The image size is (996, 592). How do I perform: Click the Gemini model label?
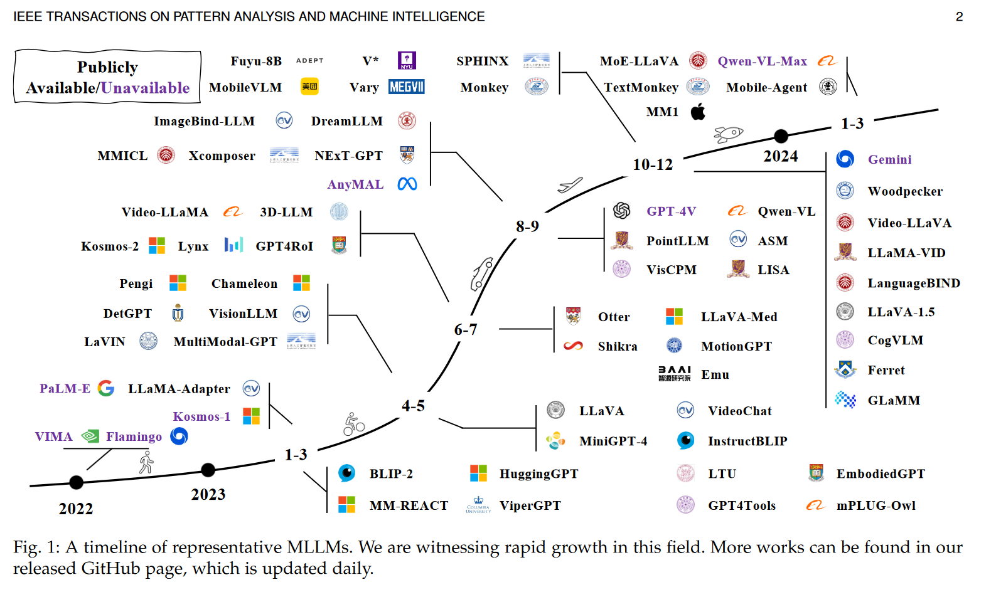coord(889,159)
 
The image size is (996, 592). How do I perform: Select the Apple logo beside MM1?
coord(698,112)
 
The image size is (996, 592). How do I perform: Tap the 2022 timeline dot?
coord(76,482)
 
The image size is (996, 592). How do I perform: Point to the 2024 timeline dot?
coord(781,136)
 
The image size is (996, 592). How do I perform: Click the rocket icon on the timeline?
coord(728,134)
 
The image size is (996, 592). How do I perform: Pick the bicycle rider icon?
coord(353,425)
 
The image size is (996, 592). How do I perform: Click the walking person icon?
coord(146,463)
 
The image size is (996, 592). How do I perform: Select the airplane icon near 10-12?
coord(570,185)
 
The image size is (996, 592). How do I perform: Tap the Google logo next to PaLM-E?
coord(106,388)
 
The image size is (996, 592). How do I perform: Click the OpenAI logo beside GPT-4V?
coord(621,211)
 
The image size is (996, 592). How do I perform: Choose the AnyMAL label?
coord(355,184)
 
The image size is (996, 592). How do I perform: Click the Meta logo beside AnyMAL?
coord(407,184)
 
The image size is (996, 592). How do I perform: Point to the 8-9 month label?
coord(527,226)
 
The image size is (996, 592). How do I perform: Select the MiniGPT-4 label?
coord(613,441)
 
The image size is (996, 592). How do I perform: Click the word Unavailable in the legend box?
coord(146,88)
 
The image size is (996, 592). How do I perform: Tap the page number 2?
coord(959,17)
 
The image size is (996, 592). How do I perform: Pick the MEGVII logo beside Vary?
coord(407,87)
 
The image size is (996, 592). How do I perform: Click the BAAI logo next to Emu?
coord(674,374)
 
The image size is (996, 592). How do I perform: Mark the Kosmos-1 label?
coord(201,416)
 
